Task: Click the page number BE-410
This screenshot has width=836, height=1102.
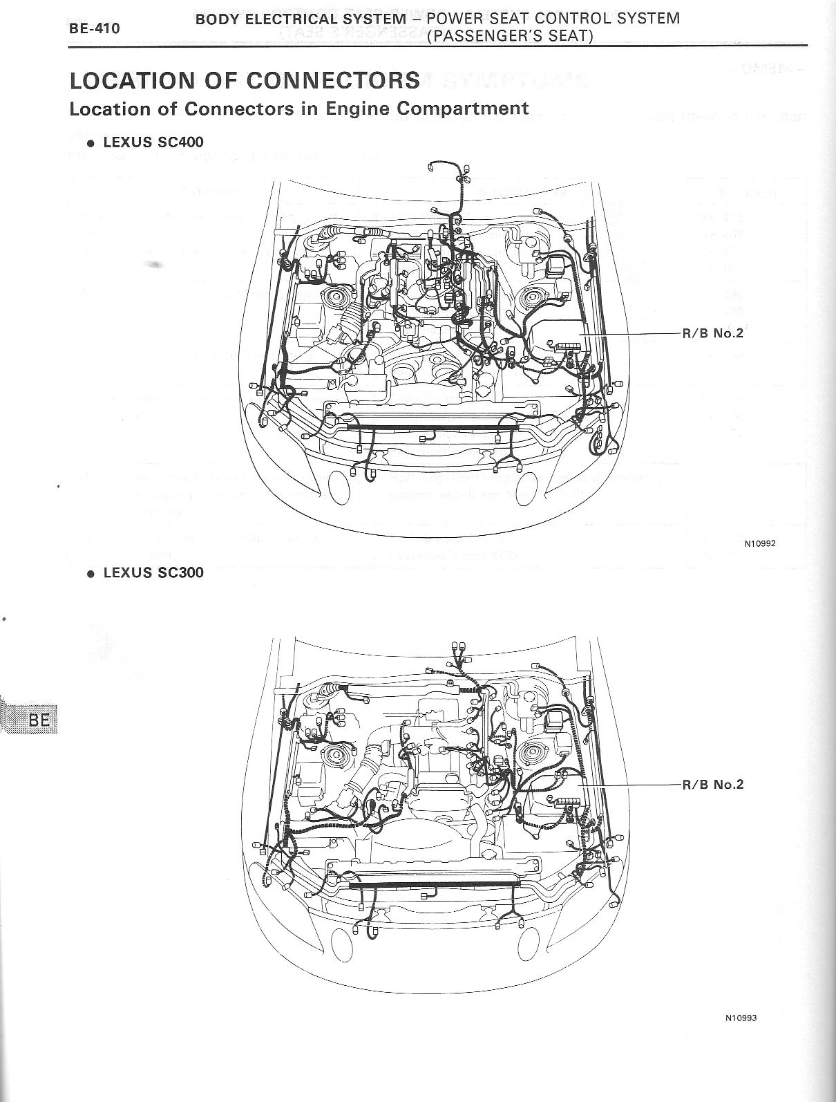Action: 94,28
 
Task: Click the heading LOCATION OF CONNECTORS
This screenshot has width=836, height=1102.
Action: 245,80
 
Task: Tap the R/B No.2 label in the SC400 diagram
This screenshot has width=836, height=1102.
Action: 712,333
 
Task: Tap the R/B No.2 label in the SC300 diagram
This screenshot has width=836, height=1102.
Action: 712,784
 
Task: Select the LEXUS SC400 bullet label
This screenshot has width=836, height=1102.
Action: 153,142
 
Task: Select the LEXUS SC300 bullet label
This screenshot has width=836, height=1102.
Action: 153,572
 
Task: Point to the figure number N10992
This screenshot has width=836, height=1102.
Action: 760,543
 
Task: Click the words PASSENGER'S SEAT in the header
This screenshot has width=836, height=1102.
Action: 510,36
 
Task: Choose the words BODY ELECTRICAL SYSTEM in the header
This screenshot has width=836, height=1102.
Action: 301,19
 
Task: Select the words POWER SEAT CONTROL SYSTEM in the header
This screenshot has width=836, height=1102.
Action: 553,19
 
